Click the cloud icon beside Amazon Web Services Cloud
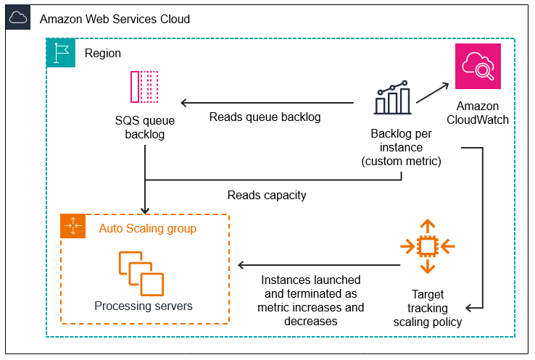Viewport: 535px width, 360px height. click(18, 18)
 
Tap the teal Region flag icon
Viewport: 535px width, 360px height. click(60, 53)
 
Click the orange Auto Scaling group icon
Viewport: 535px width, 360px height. click(74, 227)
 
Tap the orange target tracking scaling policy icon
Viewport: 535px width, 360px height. click(427, 246)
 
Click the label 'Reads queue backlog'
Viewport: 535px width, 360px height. click(265, 117)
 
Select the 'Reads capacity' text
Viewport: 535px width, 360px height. click(266, 195)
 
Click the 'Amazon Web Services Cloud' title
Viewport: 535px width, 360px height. click(115, 19)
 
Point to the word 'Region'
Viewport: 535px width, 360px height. click(103, 54)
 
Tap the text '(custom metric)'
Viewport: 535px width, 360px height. click(401, 161)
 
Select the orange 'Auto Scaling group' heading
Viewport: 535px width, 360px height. click(148, 228)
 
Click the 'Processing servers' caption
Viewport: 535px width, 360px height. click(144, 306)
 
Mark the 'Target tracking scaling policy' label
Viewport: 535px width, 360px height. click(427, 309)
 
